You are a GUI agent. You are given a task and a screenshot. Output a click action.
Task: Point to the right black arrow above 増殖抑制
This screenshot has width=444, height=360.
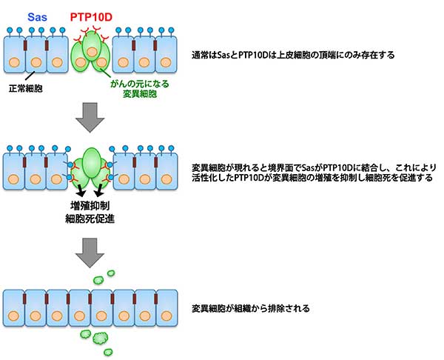(x=98, y=191)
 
